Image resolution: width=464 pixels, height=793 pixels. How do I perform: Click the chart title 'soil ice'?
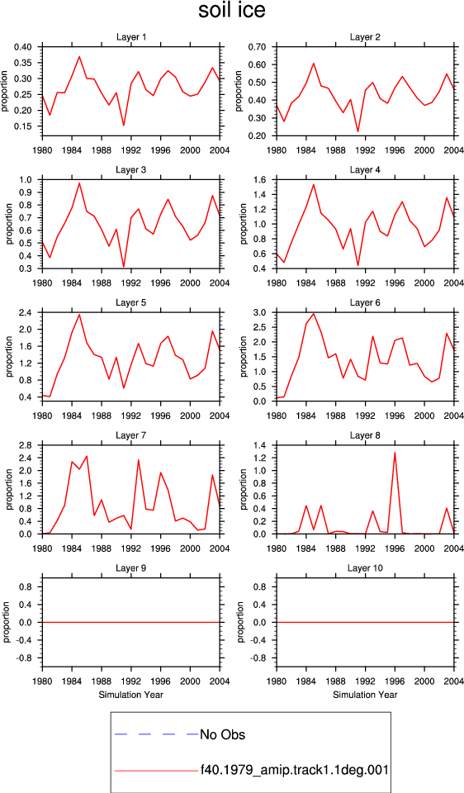(x=231, y=11)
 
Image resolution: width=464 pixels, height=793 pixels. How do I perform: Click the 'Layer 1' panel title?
(x=131, y=37)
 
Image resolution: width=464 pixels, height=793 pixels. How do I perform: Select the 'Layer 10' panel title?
(x=366, y=568)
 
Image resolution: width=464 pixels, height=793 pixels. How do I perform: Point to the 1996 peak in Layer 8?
(x=395, y=452)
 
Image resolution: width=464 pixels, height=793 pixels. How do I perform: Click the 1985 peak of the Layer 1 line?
(x=79, y=56)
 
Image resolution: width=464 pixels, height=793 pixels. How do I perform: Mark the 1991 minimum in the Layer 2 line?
(x=358, y=131)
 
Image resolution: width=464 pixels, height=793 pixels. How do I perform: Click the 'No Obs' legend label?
(x=222, y=734)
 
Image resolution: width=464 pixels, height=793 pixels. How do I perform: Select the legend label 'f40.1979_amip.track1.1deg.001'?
(x=294, y=770)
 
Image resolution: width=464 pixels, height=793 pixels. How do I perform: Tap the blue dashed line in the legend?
(x=157, y=734)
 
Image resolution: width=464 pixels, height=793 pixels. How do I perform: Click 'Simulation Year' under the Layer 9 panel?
(x=131, y=695)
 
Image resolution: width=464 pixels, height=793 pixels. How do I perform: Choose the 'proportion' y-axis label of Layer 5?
(x=7, y=356)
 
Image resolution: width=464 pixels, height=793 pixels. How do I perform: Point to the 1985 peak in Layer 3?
(x=79, y=183)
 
